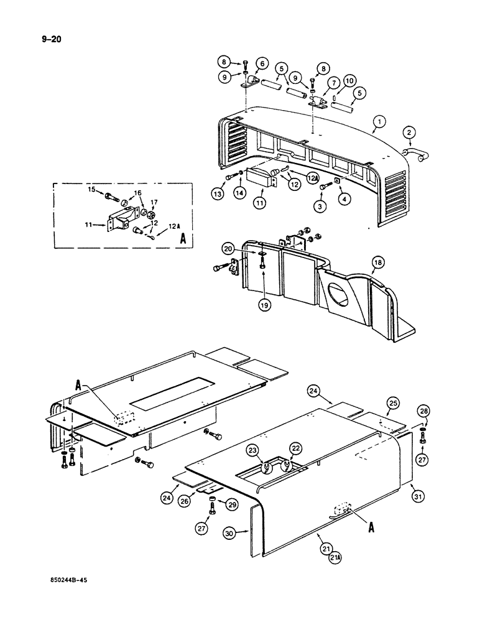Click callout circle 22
point(295,448)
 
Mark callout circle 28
point(423,411)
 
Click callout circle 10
point(349,80)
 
